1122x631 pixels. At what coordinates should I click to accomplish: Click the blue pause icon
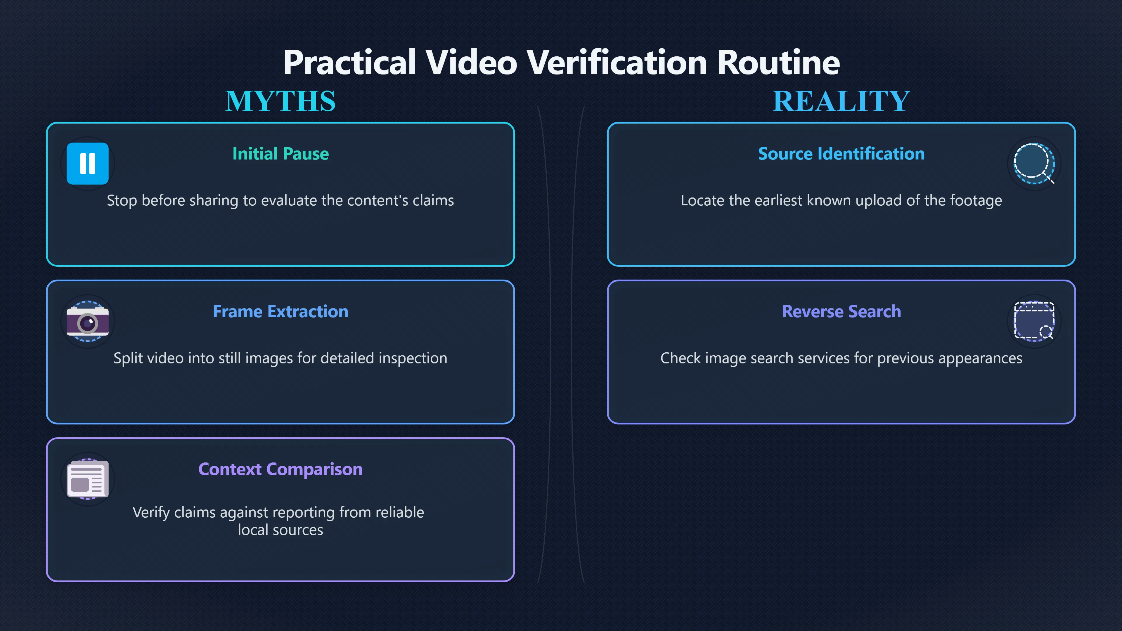[x=88, y=163]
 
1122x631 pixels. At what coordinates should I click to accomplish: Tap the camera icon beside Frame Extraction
[x=88, y=321]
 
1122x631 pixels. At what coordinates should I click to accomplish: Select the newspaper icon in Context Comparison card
[x=88, y=479]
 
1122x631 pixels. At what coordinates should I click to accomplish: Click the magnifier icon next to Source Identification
[x=1034, y=163]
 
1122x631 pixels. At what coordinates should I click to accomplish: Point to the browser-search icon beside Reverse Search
[x=1034, y=321]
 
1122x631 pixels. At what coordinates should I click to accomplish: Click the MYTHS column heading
[x=280, y=101]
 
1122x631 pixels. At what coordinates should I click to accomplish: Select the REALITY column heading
[x=841, y=101]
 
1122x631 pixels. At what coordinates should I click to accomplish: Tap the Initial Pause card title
[x=280, y=154]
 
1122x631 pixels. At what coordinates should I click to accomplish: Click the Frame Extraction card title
[x=280, y=311]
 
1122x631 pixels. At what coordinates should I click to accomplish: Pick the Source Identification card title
[x=841, y=154]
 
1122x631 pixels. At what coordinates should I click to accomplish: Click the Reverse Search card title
[x=841, y=311]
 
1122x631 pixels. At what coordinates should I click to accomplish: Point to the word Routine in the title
[x=778, y=62]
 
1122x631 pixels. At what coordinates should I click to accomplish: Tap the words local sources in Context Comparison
[x=280, y=530]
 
